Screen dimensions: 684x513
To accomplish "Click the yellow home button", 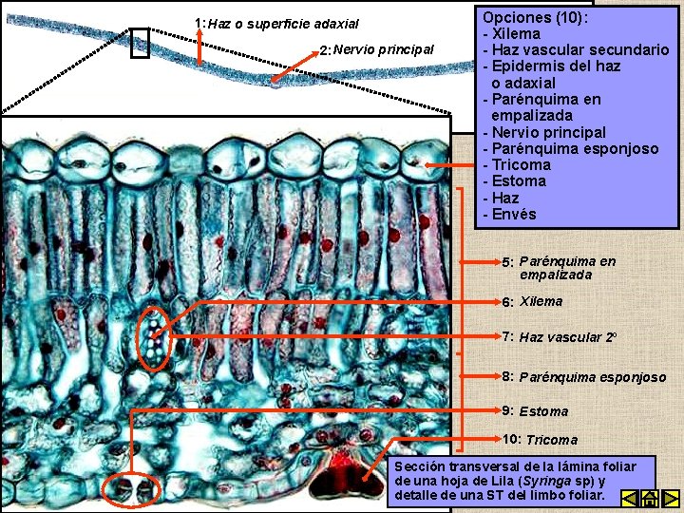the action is pyautogui.click(x=650, y=498).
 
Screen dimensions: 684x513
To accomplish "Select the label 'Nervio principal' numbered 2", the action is pyautogui.click(x=384, y=49).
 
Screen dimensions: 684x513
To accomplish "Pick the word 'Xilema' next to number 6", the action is pyautogui.click(x=541, y=301).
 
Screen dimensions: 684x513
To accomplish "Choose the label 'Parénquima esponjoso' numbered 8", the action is pyautogui.click(x=592, y=377).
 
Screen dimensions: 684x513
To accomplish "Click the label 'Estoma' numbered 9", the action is pyautogui.click(x=543, y=411).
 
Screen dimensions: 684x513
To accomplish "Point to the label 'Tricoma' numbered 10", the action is pyautogui.click(x=551, y=440).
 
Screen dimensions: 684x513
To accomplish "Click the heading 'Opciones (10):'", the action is pyautogui.click(x=534, y=17).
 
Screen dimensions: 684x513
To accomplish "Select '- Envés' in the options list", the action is pyautogui.click(x=509, y=214).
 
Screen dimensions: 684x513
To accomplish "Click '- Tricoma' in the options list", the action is pyautogui.click(x=516, y=164).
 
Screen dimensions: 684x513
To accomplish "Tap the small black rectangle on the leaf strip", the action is pyautogui.click(x=140, y=43).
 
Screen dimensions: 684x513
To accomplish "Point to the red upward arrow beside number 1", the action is pyautogui.click(x=199, y=46).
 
